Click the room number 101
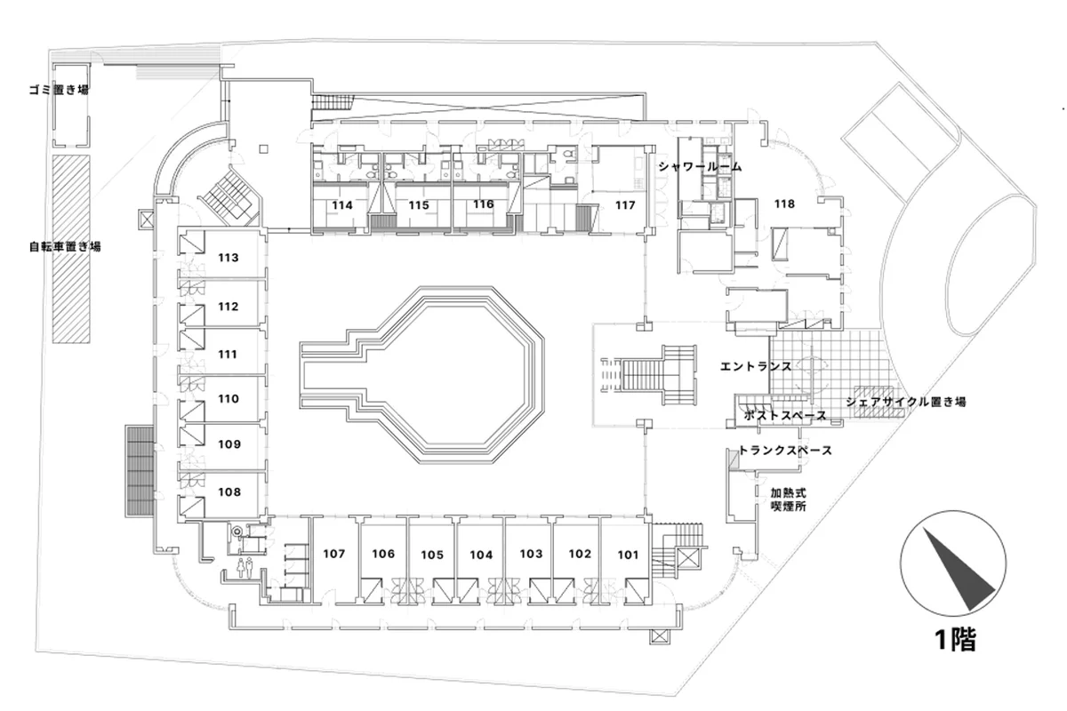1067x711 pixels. point(628,555)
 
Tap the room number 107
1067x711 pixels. point(333,554)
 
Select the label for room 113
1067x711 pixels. point(229,259)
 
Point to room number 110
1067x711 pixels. point(229,399)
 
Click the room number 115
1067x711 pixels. point(420,205)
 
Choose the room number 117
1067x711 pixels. point(625,205)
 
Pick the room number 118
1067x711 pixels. point(783,204)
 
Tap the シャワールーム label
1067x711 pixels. point(700,166)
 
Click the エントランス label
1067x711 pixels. point(756,365)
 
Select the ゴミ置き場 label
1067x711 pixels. point(58,91)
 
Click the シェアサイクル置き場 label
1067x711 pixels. point(906,402)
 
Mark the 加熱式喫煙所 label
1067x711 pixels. point(788,499)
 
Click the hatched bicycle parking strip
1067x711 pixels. point(71,249)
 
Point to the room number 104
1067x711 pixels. point(481,555)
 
